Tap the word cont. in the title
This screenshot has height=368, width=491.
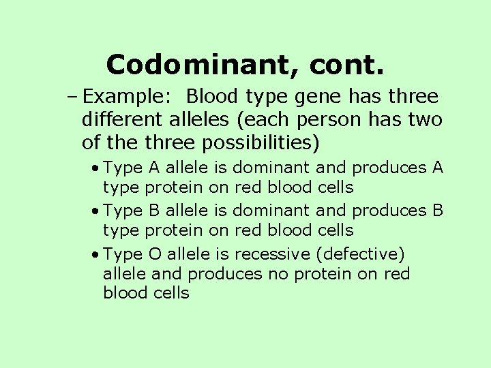pyautogui.click(x=347, y=65)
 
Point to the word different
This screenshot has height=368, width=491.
pyautogui.click(x=119, y=121)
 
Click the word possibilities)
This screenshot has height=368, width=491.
pyautogui.click(x=267, y=144)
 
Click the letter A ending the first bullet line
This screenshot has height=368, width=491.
pyautogui.click(x=438, y=167)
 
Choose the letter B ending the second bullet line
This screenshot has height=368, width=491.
pyautogui.click(x=438, y=211)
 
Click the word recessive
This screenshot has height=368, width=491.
pyautogui.click(x=272, y=254)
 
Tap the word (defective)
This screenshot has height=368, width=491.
pyautogui.click(x=359, y=254)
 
